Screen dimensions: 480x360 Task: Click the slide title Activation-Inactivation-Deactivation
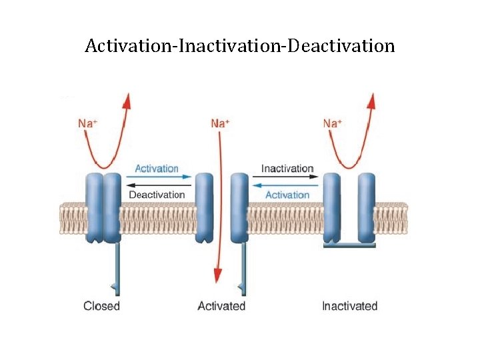point(240,46)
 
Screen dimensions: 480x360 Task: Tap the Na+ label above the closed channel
point(89,123)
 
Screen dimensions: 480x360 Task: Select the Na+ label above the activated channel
point(220,123)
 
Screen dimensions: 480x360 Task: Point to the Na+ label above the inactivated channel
point(333,123)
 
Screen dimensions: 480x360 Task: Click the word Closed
point(101,306)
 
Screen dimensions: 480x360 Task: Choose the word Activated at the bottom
point(221,306)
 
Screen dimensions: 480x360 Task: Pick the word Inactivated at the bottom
point(349,306)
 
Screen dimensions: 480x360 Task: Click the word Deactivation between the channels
point(157,195)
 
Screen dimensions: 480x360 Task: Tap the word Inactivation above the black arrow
point(287,169)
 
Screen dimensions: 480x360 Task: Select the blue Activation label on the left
point(157,169)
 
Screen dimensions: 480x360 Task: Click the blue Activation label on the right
point(287,195)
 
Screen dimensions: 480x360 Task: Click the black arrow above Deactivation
point(157,185)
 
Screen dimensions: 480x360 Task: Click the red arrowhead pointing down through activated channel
point(217,274)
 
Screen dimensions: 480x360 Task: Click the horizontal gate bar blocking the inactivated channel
point(349,245)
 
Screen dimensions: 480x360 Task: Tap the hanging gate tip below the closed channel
point(117,287)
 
